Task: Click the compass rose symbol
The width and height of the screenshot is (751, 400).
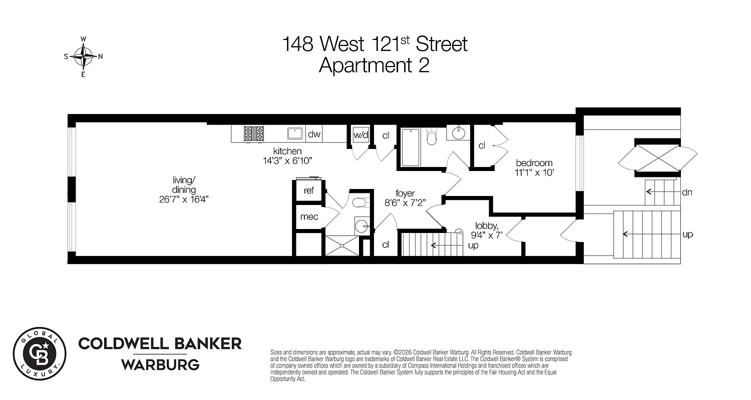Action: (83, 56)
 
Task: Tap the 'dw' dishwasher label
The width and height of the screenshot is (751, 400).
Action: (314, 134)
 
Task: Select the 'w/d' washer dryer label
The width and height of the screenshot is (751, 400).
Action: (360, 134)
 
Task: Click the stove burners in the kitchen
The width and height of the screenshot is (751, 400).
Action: (254, 133)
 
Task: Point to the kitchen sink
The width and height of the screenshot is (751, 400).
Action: (295, 133)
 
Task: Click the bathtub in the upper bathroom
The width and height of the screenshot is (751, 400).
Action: (411, 147)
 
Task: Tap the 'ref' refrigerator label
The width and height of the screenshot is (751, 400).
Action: (309, 191)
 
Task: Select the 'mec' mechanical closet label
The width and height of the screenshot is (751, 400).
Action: (309, 217)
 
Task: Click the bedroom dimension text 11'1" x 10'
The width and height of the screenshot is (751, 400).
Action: (534, 173)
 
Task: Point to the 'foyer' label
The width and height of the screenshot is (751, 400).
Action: (405, 193)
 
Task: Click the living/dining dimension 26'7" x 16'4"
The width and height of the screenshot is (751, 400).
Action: (184, 199)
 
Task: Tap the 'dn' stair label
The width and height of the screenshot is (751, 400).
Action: (687, 192)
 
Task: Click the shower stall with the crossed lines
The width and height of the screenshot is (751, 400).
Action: (343, 245)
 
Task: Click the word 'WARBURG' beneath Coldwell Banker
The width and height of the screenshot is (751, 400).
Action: (160, 364)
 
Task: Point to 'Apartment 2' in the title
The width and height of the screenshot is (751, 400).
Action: (374, 65)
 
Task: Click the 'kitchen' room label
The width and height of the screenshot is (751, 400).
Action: (287, 151)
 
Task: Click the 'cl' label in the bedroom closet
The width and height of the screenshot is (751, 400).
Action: (482, 145)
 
